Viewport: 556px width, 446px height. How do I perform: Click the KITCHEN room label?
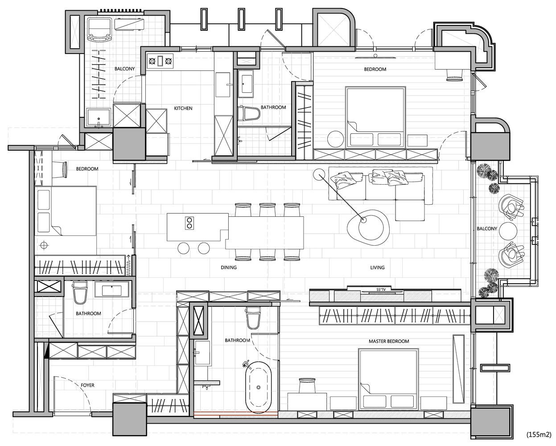(x=183, y=108)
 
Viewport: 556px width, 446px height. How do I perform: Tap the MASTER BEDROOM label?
(x=389, y=341)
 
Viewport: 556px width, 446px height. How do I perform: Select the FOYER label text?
(x=87, y=385)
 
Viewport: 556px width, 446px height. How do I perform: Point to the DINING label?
(x=228, y=268)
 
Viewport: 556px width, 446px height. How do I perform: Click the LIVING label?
(x=377, y=268)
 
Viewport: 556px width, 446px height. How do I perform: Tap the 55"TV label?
(x=381, y=289)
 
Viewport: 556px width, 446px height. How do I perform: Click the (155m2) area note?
(x=539, y=434)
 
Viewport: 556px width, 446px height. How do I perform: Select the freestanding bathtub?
(x=258, y=387)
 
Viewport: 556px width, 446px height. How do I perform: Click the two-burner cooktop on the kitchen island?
(x=189, y=223)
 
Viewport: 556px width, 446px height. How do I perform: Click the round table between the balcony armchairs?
(x=508, y=231)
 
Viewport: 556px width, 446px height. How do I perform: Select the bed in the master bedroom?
(x=388, y=379)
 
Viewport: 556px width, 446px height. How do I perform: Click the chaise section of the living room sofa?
(x=410, y=210)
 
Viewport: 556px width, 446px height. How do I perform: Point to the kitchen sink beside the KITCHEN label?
(x=222, y=85)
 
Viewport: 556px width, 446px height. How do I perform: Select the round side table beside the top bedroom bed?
(x=336, y=139)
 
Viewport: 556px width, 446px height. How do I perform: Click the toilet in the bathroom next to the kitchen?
(x=248, y=113)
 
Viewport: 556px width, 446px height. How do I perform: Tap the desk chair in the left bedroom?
(x=61, y=170)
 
